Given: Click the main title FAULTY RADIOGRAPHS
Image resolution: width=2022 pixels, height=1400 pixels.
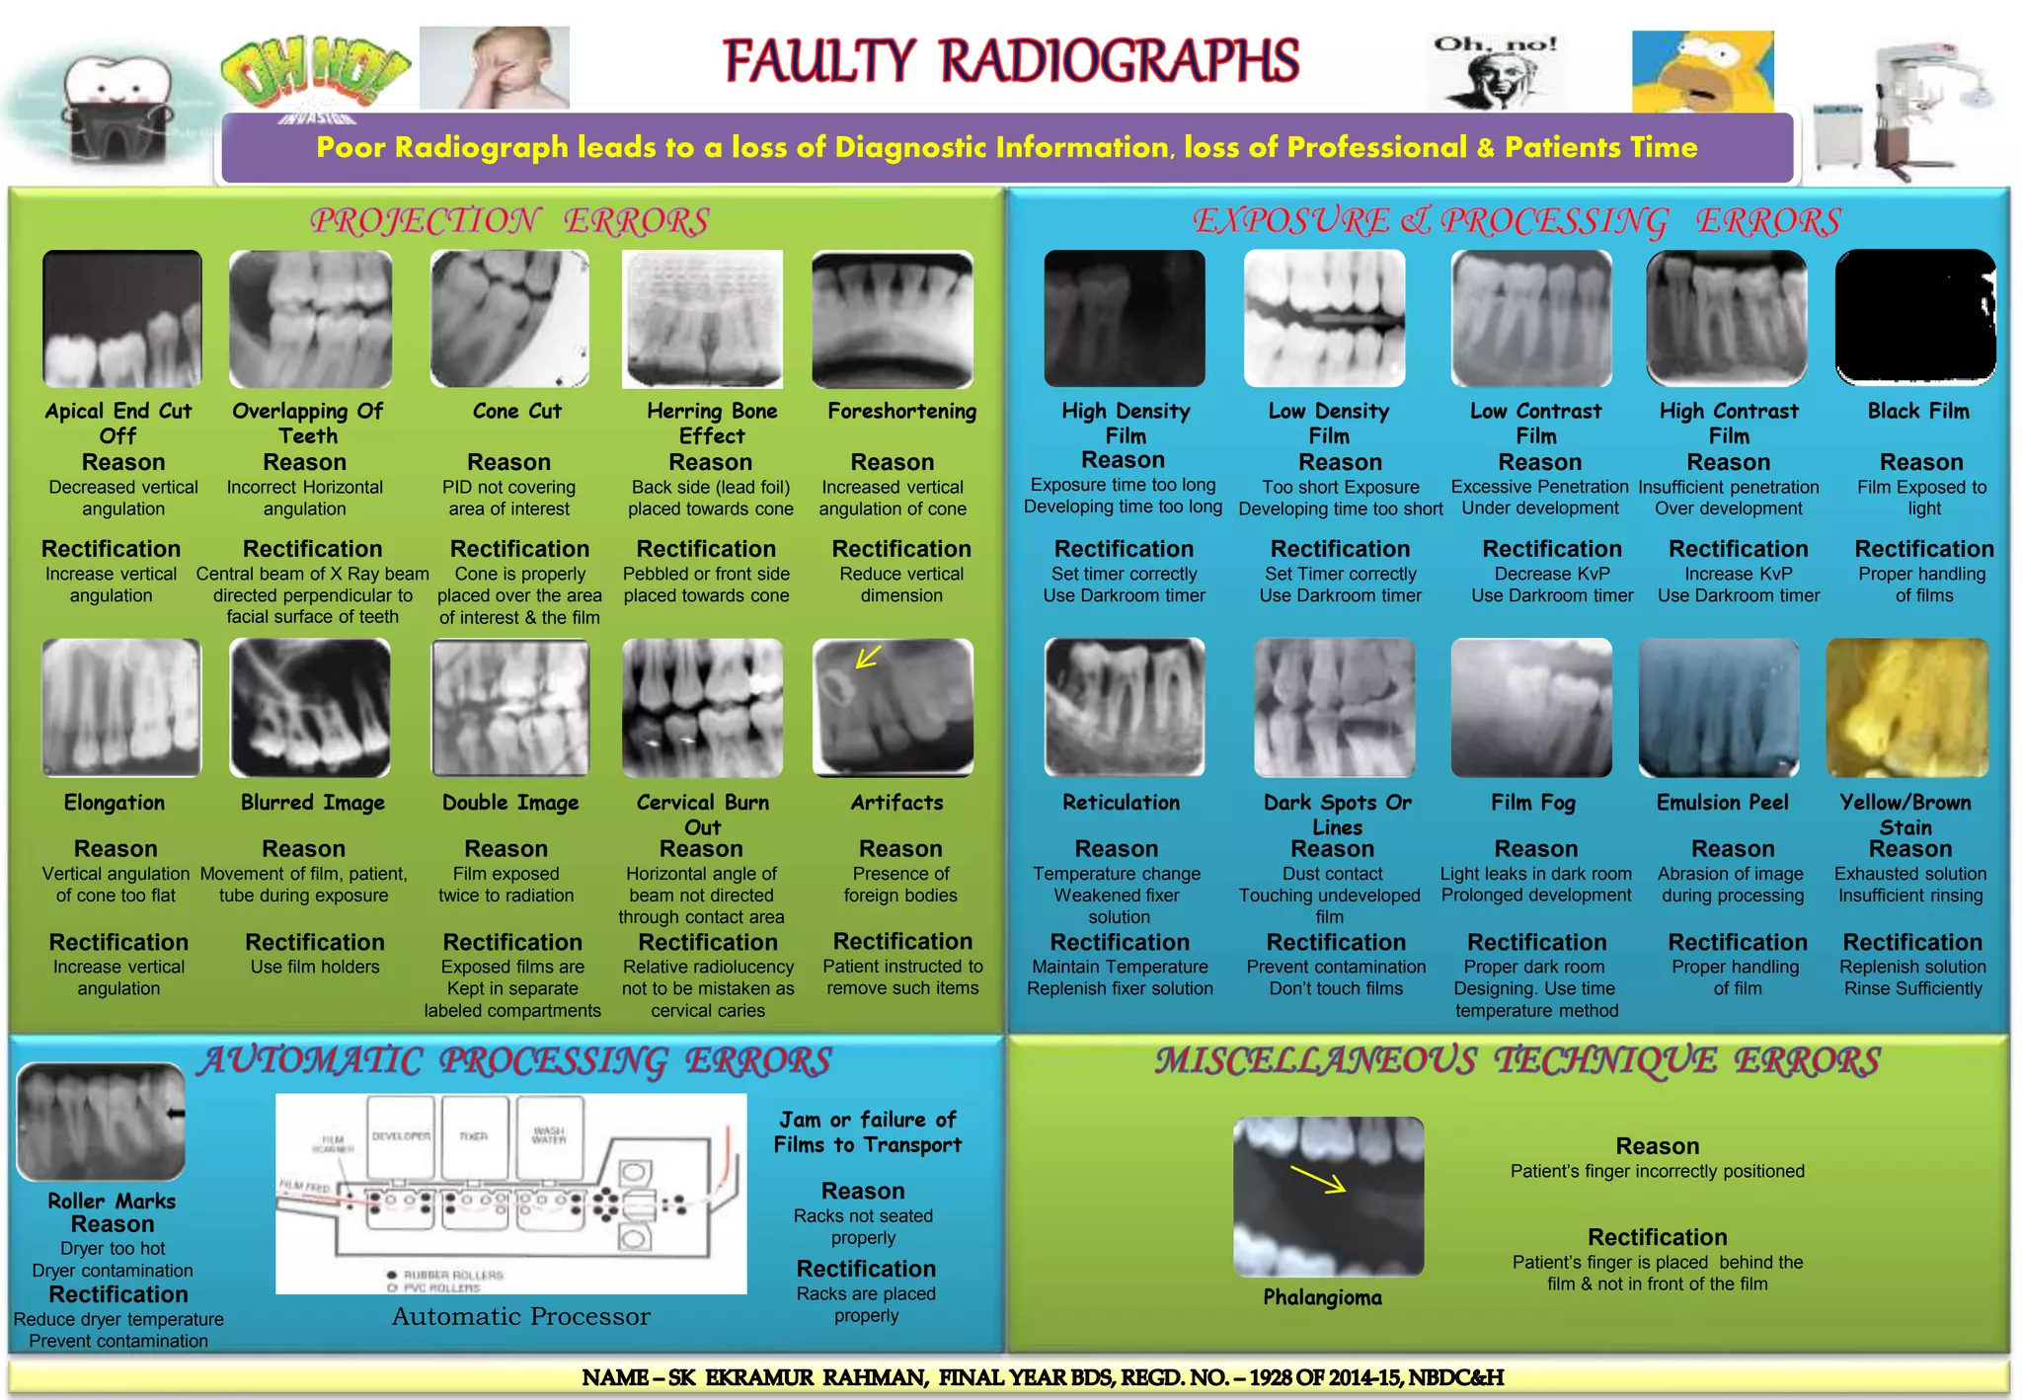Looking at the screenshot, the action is click(1011, 61).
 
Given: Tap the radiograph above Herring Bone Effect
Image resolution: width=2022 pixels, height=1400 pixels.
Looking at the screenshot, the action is click(702, 319).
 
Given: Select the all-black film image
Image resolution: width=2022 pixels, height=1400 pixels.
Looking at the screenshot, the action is click(1914, 317).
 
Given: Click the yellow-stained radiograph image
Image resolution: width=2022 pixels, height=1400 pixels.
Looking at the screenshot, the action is click(1906, 707).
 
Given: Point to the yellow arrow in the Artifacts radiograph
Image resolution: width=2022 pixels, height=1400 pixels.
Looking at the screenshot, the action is click(869, 657).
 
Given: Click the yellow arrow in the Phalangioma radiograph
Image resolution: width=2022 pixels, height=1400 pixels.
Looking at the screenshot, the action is click(1318, 1179).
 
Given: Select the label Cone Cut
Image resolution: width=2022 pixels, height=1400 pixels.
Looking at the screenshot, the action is click(516, 412).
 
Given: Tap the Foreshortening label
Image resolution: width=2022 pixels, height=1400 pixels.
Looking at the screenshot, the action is click(901, 412).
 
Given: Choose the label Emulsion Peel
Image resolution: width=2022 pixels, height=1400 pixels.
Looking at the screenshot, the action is click(1722, 803).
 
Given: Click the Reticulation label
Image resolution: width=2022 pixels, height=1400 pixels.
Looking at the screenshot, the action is click(1121, 803).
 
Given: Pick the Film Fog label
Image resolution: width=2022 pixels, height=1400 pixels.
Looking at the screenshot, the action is click(1532, 803).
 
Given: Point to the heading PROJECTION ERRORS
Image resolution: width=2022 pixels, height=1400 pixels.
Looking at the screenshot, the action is click(509, 221).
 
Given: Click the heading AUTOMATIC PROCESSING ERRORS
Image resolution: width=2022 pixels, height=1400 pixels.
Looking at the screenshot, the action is click(513, 1061).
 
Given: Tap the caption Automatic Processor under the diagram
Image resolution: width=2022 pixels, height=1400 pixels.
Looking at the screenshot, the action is click(520, 1316).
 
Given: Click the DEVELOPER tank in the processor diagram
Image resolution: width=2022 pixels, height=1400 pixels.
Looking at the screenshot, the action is click(401, 1137).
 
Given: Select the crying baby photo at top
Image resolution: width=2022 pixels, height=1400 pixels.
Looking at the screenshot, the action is click(494, 67).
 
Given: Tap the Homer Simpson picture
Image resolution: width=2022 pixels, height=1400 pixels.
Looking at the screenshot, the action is click(1702, 71).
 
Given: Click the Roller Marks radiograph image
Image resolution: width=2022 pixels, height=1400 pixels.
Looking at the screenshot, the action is click(102, 1121).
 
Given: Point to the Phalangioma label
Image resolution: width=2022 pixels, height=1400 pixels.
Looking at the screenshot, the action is click(1322, 1297).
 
